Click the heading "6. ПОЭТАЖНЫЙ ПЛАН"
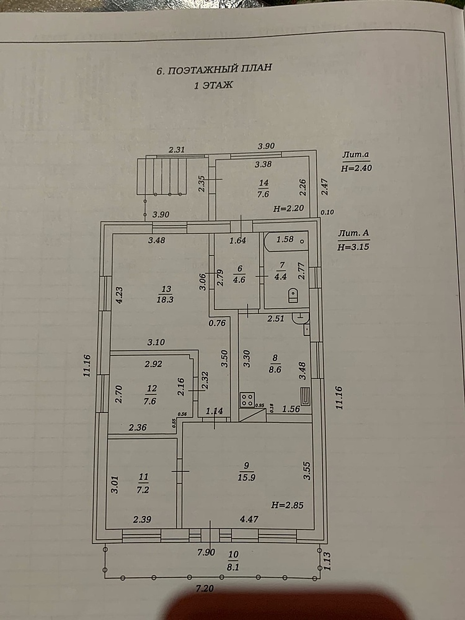click(215, 69)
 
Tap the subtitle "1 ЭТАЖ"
click(213, 85)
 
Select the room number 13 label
click(166, 289)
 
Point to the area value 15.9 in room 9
click(246, 477)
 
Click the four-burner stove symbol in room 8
click(247, 399)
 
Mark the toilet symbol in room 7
click(293, 295)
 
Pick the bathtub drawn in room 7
click(286, 241)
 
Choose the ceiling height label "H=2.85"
click(288, 505)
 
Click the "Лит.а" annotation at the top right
click(355, 155)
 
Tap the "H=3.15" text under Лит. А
click(353, 247)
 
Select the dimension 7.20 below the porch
click(205, 588)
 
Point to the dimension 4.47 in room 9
click(249, 519)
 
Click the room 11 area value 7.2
click(143, 490)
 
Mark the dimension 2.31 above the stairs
click(177, 150)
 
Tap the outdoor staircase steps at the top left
click(162, 176)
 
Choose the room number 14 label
click(263, 183)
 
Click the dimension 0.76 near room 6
click(217, 323)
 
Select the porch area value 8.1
click(233, 567)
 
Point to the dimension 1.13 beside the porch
click(327, 560)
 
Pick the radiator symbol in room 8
click(306, 397)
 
